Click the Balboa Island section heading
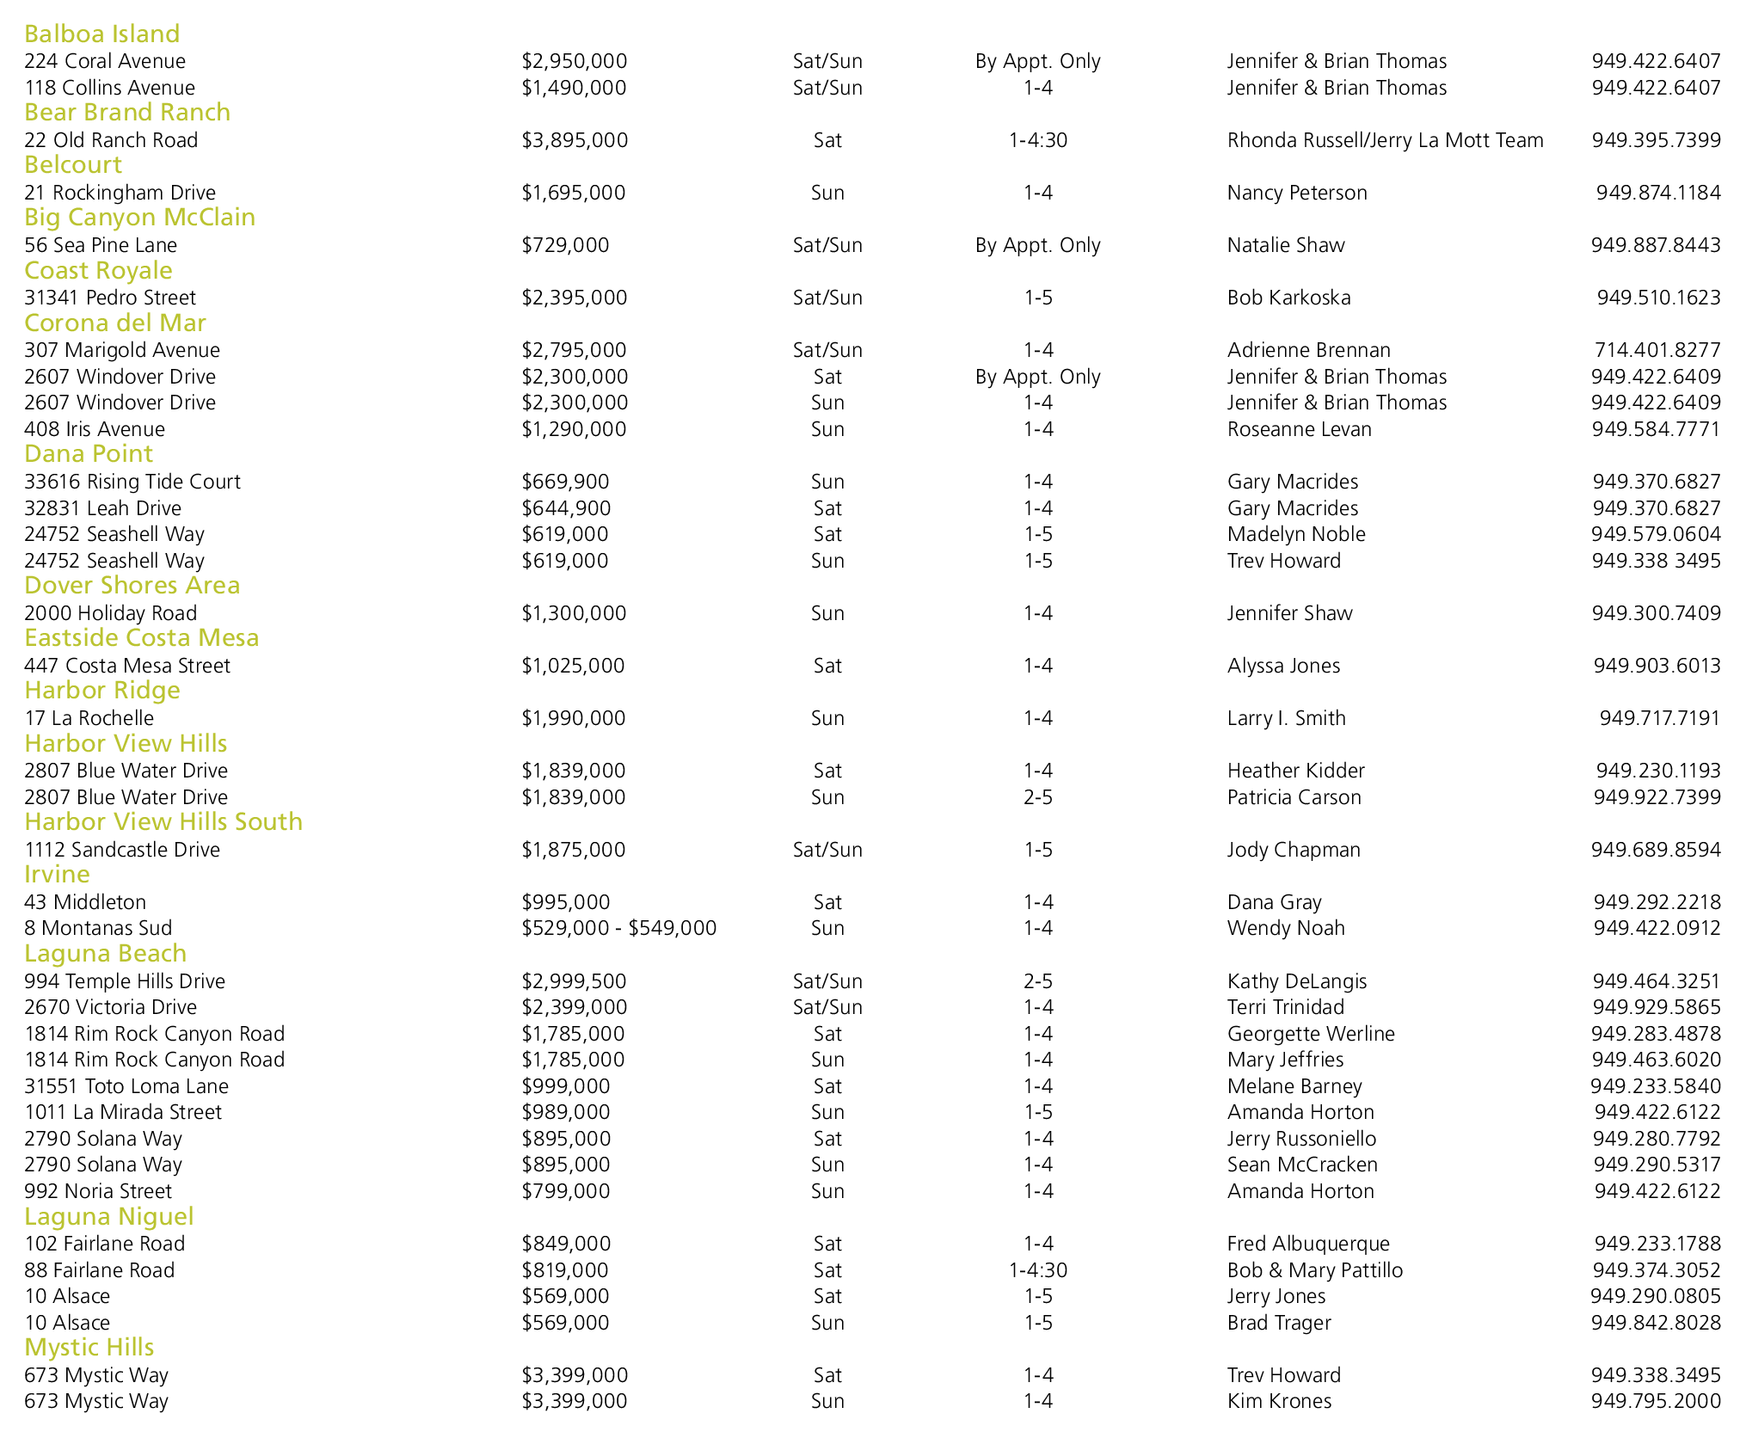point(101,34)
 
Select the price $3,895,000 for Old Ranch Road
point(575,140)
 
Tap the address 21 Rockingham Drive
point(120,193)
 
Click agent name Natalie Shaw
point(1285,245)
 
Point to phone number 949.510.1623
point(1658,298)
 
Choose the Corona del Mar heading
point(114,323)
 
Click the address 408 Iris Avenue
point(95,429)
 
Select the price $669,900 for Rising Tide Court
point(565,482)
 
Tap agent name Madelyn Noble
point(1295,534)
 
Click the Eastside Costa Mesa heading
point(141,637)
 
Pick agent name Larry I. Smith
point(1286,718)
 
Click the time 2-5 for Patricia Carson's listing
point(1037,797)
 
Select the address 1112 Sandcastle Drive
point(122,850)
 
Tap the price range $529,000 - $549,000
point(618,928)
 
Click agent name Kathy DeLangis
point(1296,981)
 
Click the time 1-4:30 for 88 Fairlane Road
point(1037,1270)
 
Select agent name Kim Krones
point(1279,1401)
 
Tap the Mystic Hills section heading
point(89,1347)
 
